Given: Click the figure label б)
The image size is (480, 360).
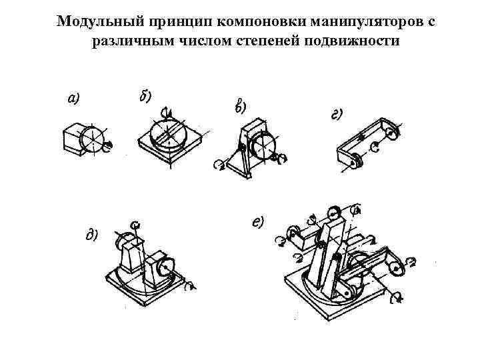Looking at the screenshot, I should pos(145,95).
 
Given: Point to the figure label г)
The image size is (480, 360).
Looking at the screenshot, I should pos(337,114).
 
